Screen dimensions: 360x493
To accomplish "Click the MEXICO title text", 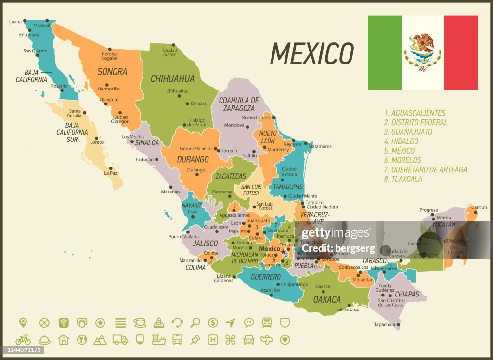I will click(311, 53).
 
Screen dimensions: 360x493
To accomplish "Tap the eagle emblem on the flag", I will click(422, 51).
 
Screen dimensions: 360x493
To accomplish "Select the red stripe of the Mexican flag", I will click(460, 52).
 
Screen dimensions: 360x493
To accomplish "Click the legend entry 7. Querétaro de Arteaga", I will click(425, 169).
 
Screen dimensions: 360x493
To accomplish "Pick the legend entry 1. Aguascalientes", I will click(415, 113).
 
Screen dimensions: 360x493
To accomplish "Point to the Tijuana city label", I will click(14, 21).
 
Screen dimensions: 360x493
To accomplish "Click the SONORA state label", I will click(112, 72).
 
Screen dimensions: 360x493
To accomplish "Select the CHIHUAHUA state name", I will click(172, 78).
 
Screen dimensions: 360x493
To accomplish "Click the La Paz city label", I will click(111, 173).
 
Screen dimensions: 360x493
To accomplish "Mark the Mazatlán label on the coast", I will click(170, 192).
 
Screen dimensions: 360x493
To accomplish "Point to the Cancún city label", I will click(479, 207).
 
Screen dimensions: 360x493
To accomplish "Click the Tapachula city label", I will click(384, 324).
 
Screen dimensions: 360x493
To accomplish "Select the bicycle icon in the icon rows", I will click(23, 340).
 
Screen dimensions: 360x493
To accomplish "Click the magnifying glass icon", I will click(195, 322).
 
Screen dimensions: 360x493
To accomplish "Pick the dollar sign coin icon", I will click(213, 322).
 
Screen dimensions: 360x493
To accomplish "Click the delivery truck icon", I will click(120, 340).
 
